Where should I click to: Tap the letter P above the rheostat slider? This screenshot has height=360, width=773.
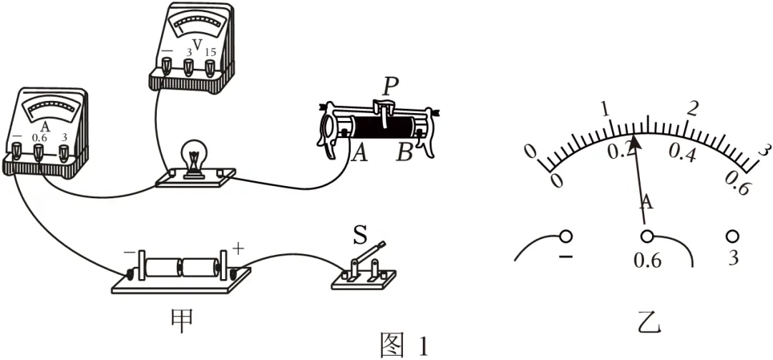(x=390, y=88)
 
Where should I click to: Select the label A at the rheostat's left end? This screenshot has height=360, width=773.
(x=359, y=155)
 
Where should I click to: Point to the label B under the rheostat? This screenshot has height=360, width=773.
(x=404, y=155)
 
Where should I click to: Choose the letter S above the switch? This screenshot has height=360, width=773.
(x=360, y=235)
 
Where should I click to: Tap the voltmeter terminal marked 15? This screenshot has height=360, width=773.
(x=210, y=68)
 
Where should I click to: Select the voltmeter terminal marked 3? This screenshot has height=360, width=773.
(x=188, y=68)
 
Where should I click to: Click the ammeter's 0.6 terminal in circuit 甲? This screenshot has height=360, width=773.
(x=38, y=152)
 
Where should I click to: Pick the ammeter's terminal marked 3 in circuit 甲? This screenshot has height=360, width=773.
(x=64, y=152)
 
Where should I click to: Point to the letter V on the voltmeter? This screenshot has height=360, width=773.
(x=198, y=45)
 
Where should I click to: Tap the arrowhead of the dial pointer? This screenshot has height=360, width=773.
(x=635, y=141)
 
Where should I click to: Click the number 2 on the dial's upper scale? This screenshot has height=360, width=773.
(x=693, y=109)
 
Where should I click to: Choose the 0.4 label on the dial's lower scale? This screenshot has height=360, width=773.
(x=682, y=155)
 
